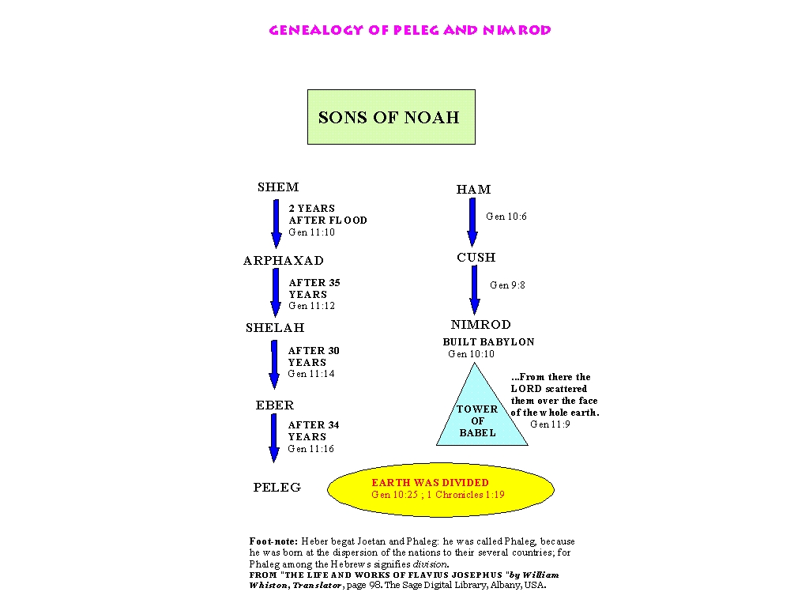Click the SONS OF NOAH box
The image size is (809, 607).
pyautogui.click(x=391, y=117)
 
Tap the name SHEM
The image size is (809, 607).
pyautogui.click(x=278, y=187)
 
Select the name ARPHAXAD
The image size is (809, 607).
pyautogui.click(x=284, y=260)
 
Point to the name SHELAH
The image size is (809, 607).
pyautogui.click(x=275, y=328)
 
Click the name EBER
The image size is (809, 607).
pyautogui.click(x=274, y=405)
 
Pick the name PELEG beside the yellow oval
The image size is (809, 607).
pyautogui.click(x=277, y=487)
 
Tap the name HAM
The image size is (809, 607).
pyautogui.click(x=474, y=190)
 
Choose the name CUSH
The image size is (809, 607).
pyautogui.click(x=476, y=257)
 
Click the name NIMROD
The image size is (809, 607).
pyautogui.click(x=481, y=325)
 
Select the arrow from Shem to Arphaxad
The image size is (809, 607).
pyautogui.click(x=277, y=224)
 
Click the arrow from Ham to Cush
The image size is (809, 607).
pyautogui.click(x=472, y=222)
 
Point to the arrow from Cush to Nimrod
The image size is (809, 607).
pyautogui.click(x=474, y=290)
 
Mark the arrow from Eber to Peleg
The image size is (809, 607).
pyautogui.click(x=274, y=438)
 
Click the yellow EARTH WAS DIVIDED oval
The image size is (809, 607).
pyautogui.click(x=441, y=489)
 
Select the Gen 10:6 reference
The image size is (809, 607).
pyautogui.click(x=506, y=217)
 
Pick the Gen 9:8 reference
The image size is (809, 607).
pyautogui.click(x=508, y=285)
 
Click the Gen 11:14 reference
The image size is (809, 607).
pyautogui.click(x=311, y=374)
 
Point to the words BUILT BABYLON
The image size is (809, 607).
pyautogui.click(x=488, y=341)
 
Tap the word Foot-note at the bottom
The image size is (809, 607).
pyautogui.click(x=273, y=541)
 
